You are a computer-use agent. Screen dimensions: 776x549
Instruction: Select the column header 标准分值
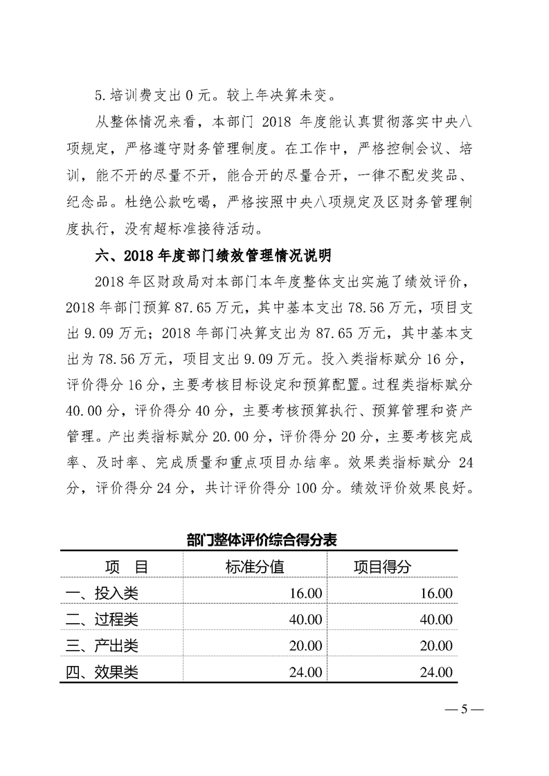pyautogui.click(x=254, y=567)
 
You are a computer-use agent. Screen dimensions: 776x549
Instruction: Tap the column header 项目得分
pyautogui.click(x=382, y=567)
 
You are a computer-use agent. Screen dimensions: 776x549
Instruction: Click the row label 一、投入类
pyautogui.click(x=101, y=593)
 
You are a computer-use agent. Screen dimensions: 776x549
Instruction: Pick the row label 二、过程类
pyautogui.click(x=101, y=619)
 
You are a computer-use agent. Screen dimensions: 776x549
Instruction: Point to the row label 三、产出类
pyautogui.click(x=101, y=645)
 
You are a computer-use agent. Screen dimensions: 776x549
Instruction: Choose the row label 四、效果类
pyautogui.click(x=101, y=672)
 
